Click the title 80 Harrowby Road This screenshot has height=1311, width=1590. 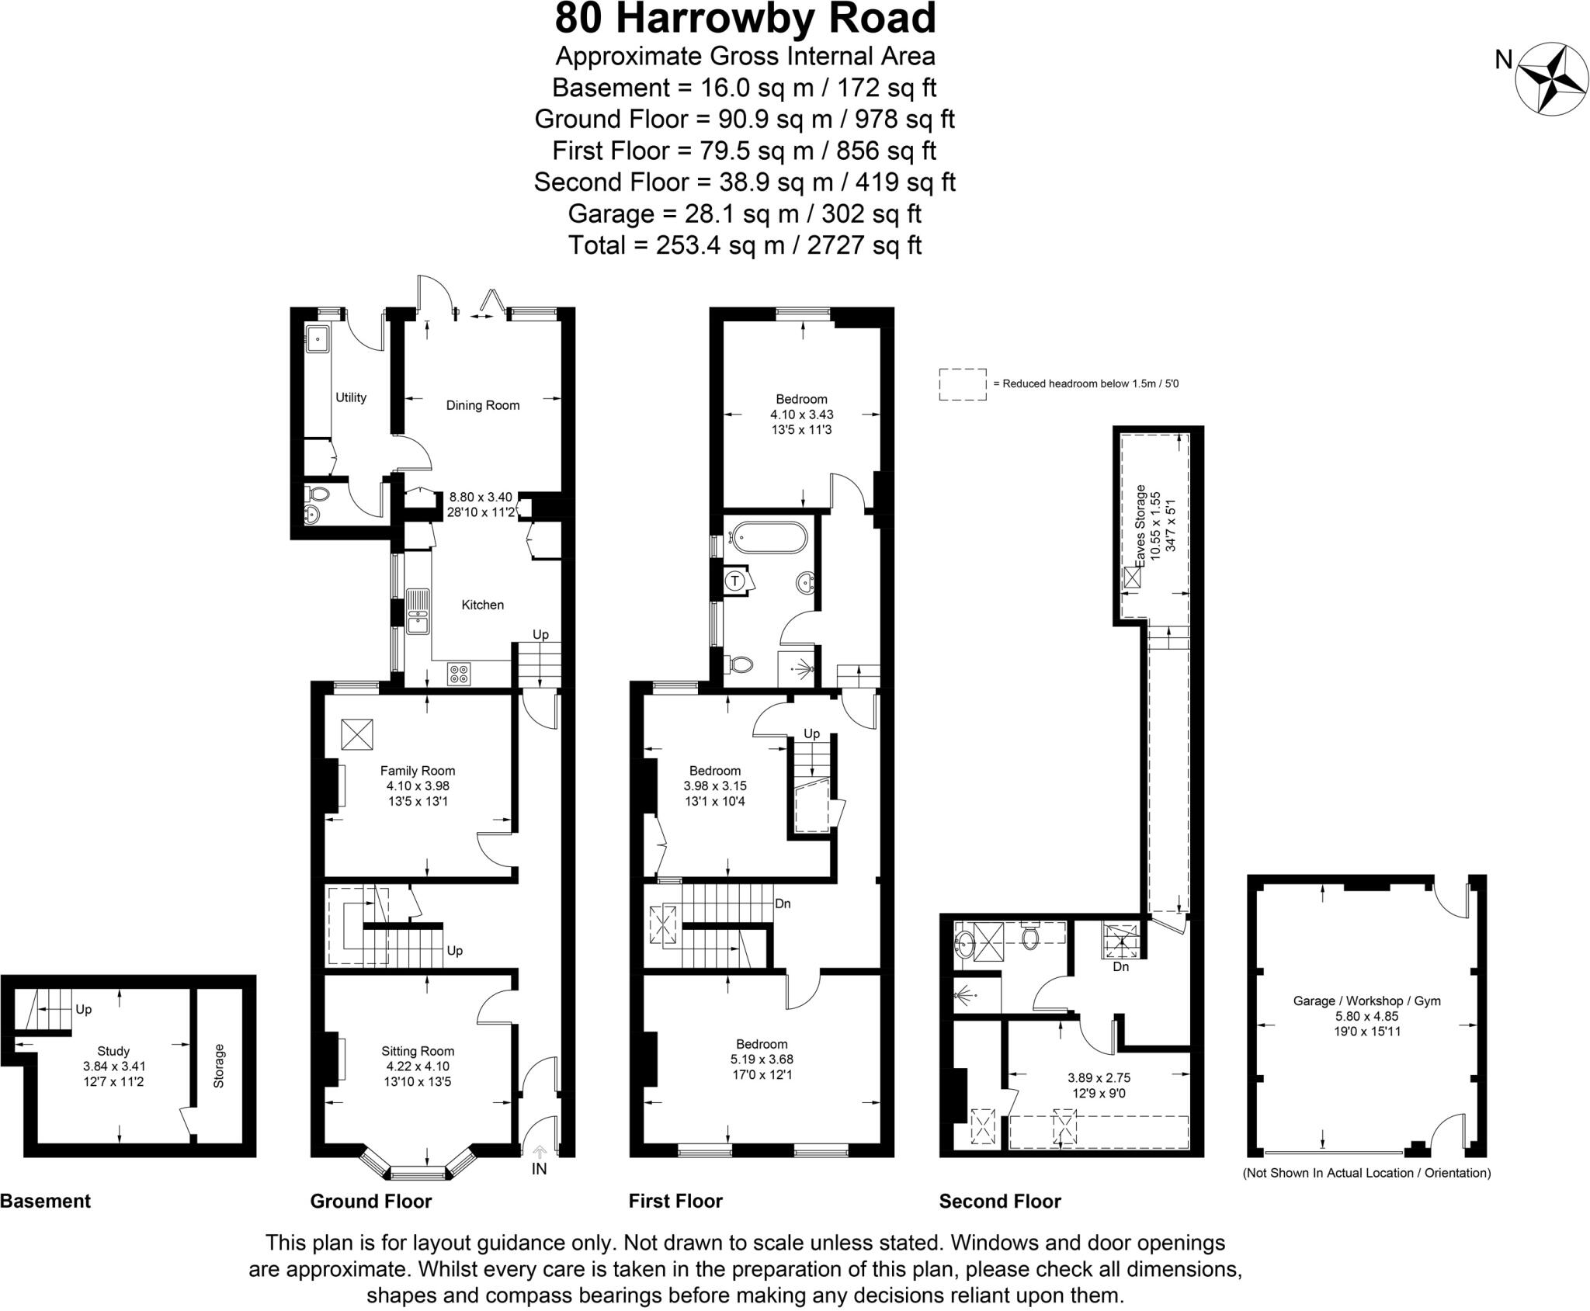point(745,19)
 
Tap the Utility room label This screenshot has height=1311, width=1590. point(350,397)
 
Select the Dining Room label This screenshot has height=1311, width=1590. point(482,405)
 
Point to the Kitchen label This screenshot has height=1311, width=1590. point(482,605)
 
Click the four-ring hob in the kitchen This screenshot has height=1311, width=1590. point(459,674)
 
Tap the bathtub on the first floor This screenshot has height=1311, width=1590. point(768,538)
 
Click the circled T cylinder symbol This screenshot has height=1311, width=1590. point(735,581)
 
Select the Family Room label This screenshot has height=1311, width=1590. point(417,771)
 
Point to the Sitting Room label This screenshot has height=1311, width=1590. point(417,1051)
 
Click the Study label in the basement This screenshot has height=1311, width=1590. point(113,1051)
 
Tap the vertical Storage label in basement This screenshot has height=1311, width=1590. point(218,1066)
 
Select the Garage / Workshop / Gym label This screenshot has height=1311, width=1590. point(1366,1001)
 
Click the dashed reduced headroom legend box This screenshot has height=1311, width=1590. point(962,384)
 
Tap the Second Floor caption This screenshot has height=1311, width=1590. point(999,1201)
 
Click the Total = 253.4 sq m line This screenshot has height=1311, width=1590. point(745,245)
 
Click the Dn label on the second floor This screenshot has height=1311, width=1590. point(1120,967)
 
